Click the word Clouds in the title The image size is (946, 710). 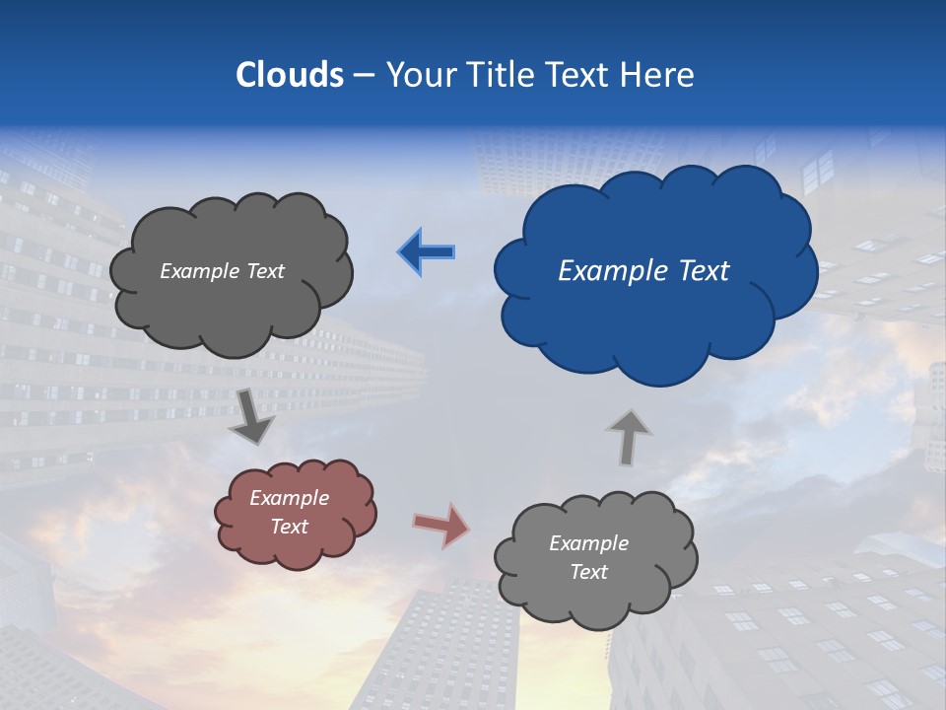pyautogui.click(x=290, y=75)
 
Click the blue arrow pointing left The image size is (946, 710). pyautogui.click(x=427, y=252)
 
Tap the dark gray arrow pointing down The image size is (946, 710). pyautogui.click(x=252, y=417)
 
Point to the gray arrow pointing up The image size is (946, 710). pyautogui.click(x=628, y=437)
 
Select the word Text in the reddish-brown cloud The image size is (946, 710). pyautogui.click(x=290, y=527)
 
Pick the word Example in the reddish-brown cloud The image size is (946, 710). pyautogui.click(x=290, y=498)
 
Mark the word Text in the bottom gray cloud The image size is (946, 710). pyautogui.click(x=589, y=572)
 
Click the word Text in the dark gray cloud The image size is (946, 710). pyautogui.click(x=264, y=271)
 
